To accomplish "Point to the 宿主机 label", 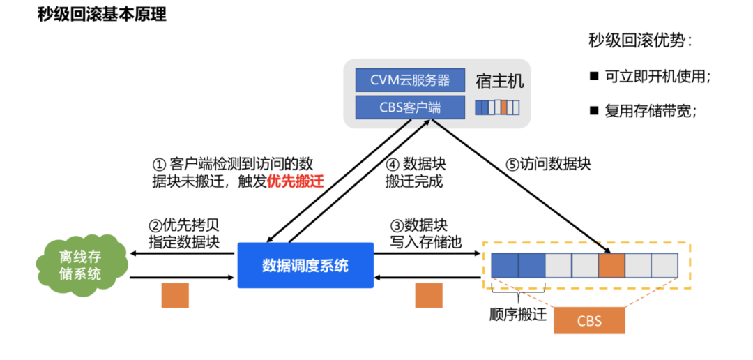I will (499, 81).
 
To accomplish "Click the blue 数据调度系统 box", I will (305, 265).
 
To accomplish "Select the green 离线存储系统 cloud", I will (80, 265).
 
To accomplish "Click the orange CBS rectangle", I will (589, 321).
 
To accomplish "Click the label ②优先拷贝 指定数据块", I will (184, 234).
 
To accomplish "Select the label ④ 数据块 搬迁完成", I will (416, 172).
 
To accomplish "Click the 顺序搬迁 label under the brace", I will (517, 314).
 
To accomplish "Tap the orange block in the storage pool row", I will (611, 265).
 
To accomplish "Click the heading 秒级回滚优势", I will (640, 40).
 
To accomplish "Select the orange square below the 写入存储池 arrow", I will (429, 294).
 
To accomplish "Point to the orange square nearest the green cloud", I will (175, 294).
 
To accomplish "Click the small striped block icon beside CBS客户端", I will (497, 107).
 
